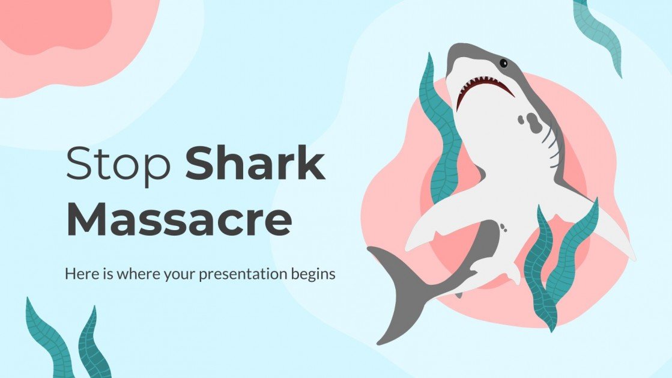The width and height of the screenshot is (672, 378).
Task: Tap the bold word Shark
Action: point(255,163)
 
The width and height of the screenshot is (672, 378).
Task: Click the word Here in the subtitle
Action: point(79,274)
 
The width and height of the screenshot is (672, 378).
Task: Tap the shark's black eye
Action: point(503,62)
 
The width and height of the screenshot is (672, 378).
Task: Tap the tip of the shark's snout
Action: point(458,50)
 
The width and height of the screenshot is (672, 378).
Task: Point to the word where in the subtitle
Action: point(128,274)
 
